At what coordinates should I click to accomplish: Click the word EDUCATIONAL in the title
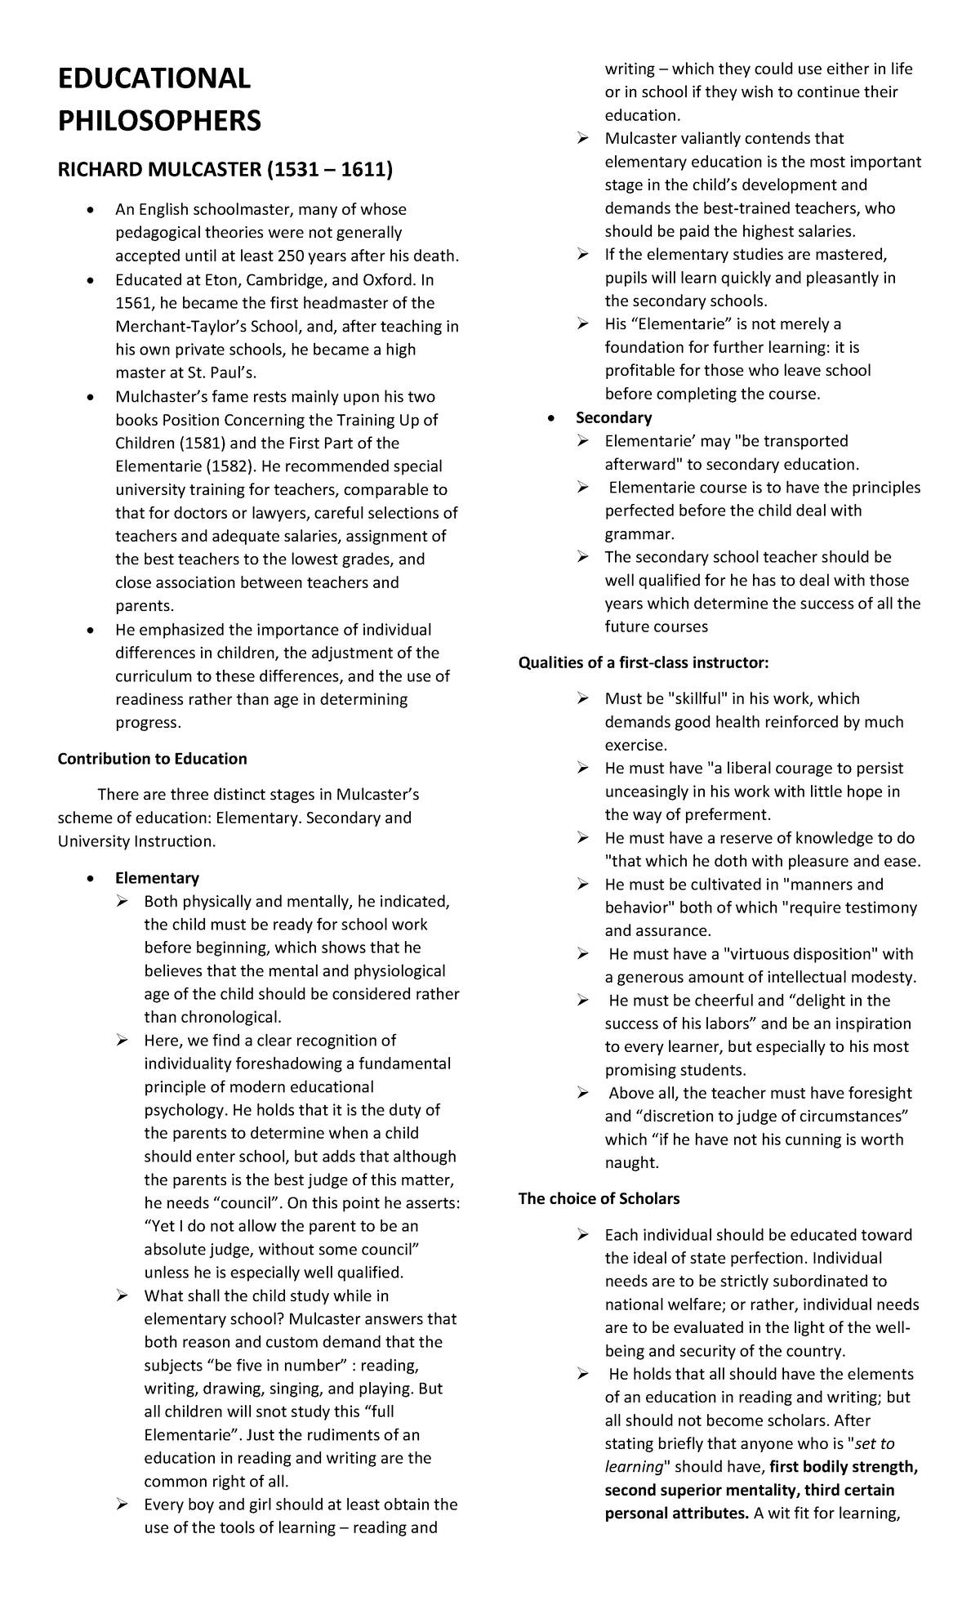pyautogui.click(x=154, y=79)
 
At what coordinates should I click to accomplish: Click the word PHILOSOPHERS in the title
pyautogui.click(x=159, y=122)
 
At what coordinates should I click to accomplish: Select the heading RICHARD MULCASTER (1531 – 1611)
pyautogui.click(x=225, y=171)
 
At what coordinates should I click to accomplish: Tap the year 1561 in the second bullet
pyautogui.click(x=134, y=303)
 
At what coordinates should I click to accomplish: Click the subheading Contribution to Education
pyautogui.click(x=152, y=759)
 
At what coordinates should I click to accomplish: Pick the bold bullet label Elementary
pyautogui.click(x=157, y=878)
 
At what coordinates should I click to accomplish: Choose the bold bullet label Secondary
pyautogui.click(x=613, y=418)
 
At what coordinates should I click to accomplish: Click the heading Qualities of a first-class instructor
pyautogui.click(x=644, y=662)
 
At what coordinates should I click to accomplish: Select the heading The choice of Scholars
pyautogui.click(x=599, y=1199)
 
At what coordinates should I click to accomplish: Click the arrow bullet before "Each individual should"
pyautogui.click(x=582, y=1234)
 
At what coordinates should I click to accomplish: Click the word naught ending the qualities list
pyautogui.click(x=631, y=1162)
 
